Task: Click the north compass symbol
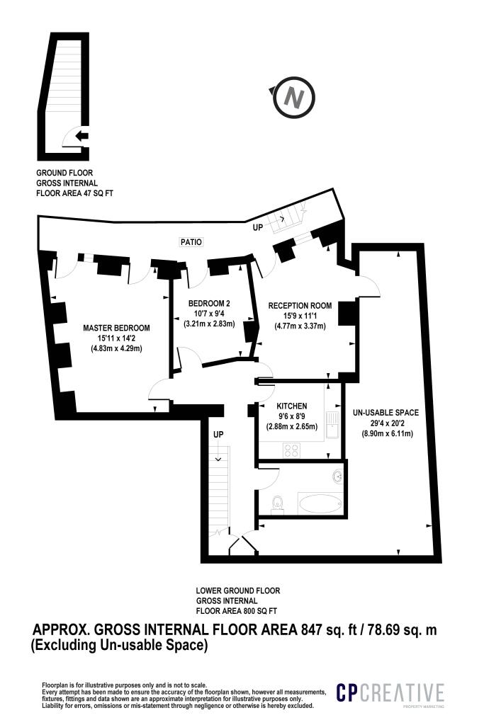pyautogui.click(x=293, y=98)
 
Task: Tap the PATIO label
pyautogui.click(x=191, y=242)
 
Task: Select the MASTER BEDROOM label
pyautogui.click(x=117, y=328)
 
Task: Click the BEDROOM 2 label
pyautogui.click(x=209, y=304)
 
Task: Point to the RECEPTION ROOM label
pyautogui.click(x=300, y=306)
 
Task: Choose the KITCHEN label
pyautogui.click(x=291, y=406)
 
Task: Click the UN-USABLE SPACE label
pyautogui.click(x=385, y=413)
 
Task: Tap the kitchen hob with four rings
pyautogui.click(x=291, y=450)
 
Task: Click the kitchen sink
pyautogui.click(x=332, y=425)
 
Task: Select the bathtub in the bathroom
pyautogui.click(x=321, y=503)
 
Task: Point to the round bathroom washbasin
pyautogui.click(x=338, y=476)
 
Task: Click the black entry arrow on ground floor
pyautogui.click(x=82, y=136)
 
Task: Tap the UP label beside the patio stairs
pyautogui.click(x=258, y=227)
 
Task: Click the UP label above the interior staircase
pyautogui.click(x=218, y=435)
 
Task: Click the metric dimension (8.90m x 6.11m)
pyautogui.click(x=387, y=433)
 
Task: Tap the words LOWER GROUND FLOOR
pyautogui.click(x=238, y=590)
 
